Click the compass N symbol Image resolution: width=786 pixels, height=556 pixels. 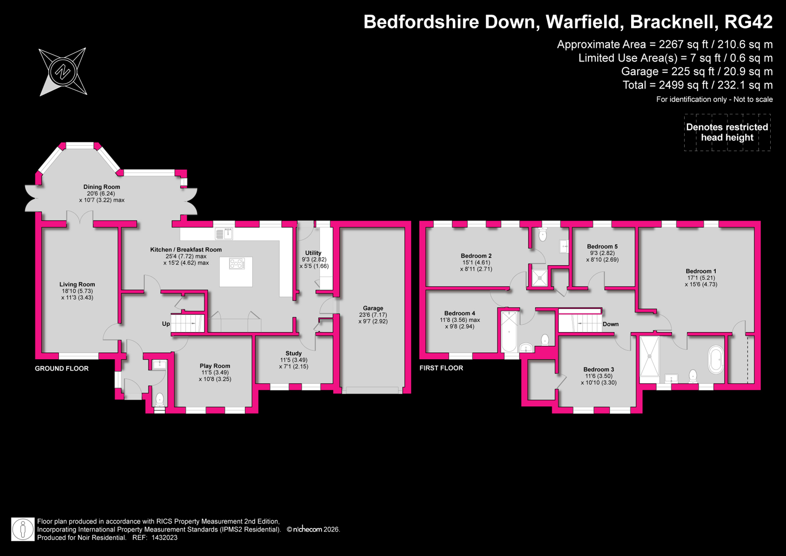(x=63, y=72)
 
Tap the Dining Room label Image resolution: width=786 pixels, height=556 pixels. (x=102, y=187)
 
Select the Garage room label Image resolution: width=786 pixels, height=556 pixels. (x=373, y=308)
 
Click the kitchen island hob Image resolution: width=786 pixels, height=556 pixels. (x=236, y=263)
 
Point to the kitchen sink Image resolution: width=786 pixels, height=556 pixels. (x=224, y=234)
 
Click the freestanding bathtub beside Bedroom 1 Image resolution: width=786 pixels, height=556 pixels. (x=716, y=359)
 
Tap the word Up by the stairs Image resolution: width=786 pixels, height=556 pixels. (x=166, y=324)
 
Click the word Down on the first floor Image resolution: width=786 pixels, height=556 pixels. (x=611, y=324)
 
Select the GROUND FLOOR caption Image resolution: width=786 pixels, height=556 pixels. (x=62, y=369)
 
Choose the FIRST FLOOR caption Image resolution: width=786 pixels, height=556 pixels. (x=441, y=368)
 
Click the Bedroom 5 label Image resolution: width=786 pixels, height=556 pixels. (x=602, y=247)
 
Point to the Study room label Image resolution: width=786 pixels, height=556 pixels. (x=293, y=353)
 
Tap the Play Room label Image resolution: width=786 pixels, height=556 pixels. (x=215, y=366)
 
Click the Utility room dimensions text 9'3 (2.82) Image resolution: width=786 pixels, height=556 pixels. (x=314, y=260)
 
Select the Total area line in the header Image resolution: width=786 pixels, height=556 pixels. (x=698, y=85)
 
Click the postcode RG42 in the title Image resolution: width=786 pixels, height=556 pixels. (x=749, y=22)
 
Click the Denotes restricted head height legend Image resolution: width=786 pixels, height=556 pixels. (x=727, y=132)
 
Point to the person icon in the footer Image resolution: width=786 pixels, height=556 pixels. (x=23, y=529)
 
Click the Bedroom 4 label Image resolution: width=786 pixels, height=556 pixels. (x=460, y=313)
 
